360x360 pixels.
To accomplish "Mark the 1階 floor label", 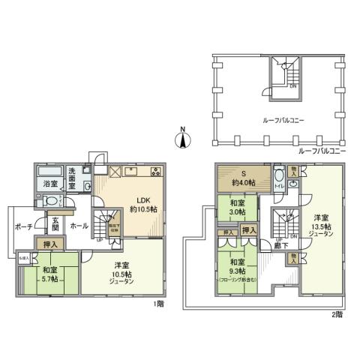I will pos(157,304).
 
